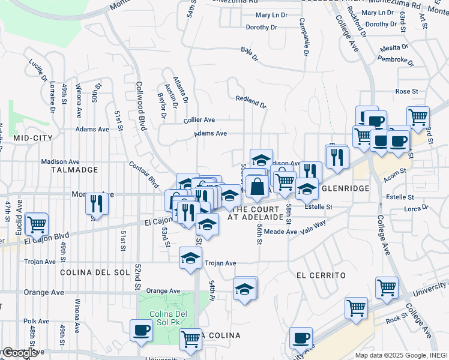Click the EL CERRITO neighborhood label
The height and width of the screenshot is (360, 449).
(321, 275)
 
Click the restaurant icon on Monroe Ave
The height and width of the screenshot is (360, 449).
(97, 203)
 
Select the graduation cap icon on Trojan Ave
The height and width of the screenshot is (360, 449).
(191, 259)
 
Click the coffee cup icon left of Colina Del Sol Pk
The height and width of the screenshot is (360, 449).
(142, 331)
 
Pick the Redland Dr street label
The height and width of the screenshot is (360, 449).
(250, 101)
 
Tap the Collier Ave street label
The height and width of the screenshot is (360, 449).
(199, 120)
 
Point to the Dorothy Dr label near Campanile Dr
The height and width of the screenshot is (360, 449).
(261, 28)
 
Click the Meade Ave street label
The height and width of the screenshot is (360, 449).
(280, 232)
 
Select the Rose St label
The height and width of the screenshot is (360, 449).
(406, 91)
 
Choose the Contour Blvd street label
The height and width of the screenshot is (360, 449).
(143, 173)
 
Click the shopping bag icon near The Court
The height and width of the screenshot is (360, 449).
(257, 187)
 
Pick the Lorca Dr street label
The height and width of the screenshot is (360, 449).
(415, 209)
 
